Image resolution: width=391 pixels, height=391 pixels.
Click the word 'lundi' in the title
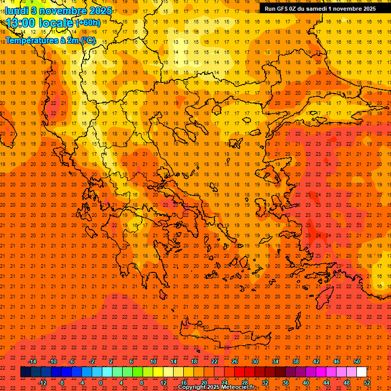pyautogui.click(x=16, y=11)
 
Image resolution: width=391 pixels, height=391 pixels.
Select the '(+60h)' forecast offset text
pyautogui.click(x=88, y=23)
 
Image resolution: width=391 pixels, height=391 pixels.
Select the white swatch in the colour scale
pyautogui.click(x=361, y=372)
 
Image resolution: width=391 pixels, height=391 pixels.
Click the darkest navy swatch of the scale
pyautogui.click(x=25, y=372)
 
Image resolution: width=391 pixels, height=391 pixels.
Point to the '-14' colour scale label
pyautogui.click(x=32, y=361)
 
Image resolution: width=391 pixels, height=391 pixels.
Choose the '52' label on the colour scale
pyautogui.click(x=367, y=383)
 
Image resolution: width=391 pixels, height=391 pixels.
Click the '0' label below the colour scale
pyautogui.click(x=101, y=383)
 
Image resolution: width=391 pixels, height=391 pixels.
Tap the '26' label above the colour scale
pyautogui.click(x=235, y=361)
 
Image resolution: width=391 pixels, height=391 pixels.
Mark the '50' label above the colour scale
pyautogui.click(x=357, y=361)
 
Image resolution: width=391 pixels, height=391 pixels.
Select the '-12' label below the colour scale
pyautogui.click(x=42, y=383)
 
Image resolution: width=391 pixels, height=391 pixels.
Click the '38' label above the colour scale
pyautogui.click(x=296, y=361)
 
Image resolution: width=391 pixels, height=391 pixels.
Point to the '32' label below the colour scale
pyautogui.click(x=265, y=383)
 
